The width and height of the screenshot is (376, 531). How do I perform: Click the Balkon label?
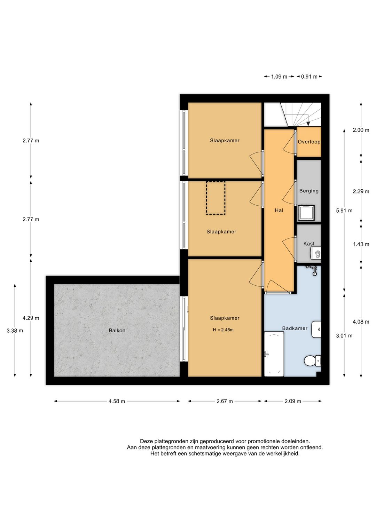coord(117,331)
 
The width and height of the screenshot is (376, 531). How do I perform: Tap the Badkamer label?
coord(295,328)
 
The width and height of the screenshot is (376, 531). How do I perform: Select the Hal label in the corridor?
coord(279,210)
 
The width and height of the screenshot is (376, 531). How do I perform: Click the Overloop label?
coord(309,142)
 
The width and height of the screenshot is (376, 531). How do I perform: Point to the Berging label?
coord(309,191)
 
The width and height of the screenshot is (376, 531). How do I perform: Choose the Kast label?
coord(309,244)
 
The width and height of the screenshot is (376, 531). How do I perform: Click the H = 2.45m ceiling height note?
coord(223,330)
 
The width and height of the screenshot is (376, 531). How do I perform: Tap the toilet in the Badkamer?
coord(312,361)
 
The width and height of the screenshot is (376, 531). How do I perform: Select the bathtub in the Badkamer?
coord(274,354)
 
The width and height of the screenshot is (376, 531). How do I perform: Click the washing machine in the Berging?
coord(306,213)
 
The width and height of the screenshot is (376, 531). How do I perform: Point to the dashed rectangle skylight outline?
coord(216,198)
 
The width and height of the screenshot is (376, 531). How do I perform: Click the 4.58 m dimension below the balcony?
coord(117,401)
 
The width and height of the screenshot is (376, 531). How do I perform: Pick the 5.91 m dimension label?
coord(344,211)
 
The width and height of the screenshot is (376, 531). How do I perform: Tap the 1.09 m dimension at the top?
coord(279,77)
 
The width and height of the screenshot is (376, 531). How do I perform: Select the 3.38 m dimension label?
coord(15,331)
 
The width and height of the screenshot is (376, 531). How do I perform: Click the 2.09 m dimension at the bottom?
coord(293,401)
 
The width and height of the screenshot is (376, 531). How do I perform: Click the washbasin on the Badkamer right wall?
coord(316,329)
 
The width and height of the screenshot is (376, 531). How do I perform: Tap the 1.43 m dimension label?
coord(361,244)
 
